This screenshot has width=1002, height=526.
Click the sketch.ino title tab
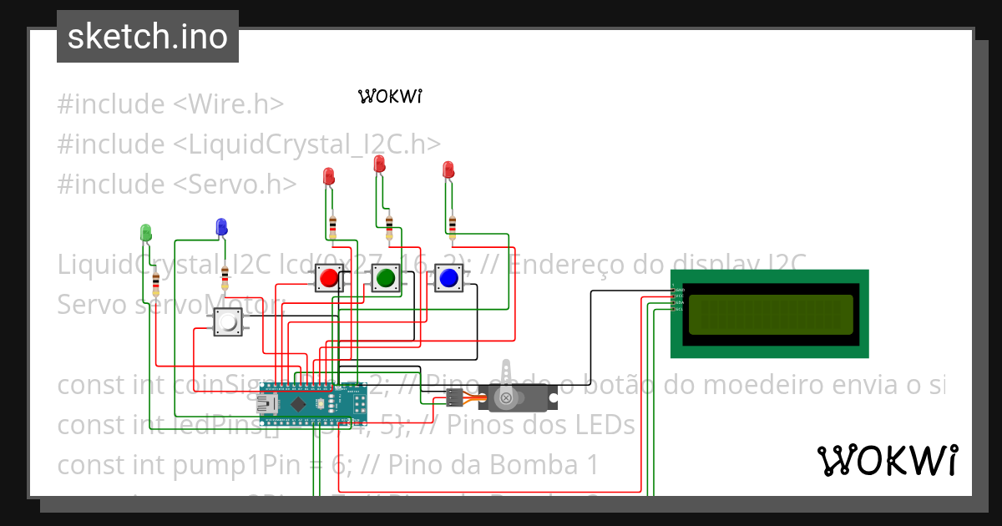(x=148, y=37)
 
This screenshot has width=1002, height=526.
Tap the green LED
(x=146, y=231)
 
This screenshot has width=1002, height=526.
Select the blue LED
(x=221, y=225)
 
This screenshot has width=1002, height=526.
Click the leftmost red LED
(x=328, y=176)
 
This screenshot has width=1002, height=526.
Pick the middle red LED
(x=380, y=164)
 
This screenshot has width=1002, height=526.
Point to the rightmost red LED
(x=448, y=169)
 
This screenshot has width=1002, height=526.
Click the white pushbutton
(x=227, y=322)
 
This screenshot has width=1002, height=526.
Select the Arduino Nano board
(x=313, y=405)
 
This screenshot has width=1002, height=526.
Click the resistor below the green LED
(x=156, y=284)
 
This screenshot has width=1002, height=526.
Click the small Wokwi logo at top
(x=390, y=96)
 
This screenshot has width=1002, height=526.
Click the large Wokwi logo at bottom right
(x=887, y=460)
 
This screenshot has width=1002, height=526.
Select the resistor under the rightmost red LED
(x=453, y=225)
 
